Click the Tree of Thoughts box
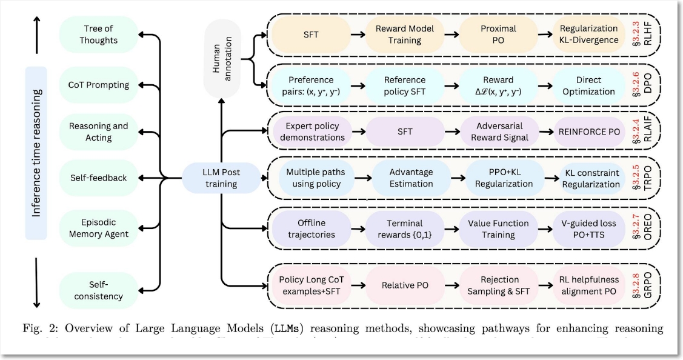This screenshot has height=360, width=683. click(x=99, y=35)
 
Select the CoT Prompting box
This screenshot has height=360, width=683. click(x=99, y=85)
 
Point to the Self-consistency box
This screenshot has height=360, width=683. click(x=99, y=290)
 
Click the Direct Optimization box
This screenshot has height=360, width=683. click(x=589, y=86)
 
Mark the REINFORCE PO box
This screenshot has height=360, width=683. click(x=589, y=132)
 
